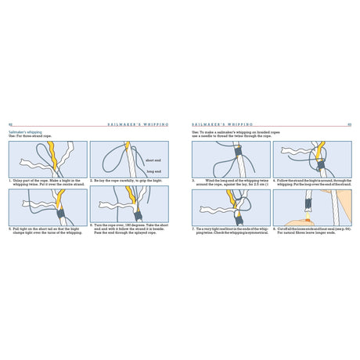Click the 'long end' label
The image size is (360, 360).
click(x=153, y=171)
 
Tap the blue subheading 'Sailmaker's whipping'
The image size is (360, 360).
click(x=26, y=132)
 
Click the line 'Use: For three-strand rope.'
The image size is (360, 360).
click(x=31, y=137)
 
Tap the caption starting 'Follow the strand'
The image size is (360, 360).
click(x=311, y=182)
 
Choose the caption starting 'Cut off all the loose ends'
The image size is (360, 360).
click(x=311, y=230)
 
